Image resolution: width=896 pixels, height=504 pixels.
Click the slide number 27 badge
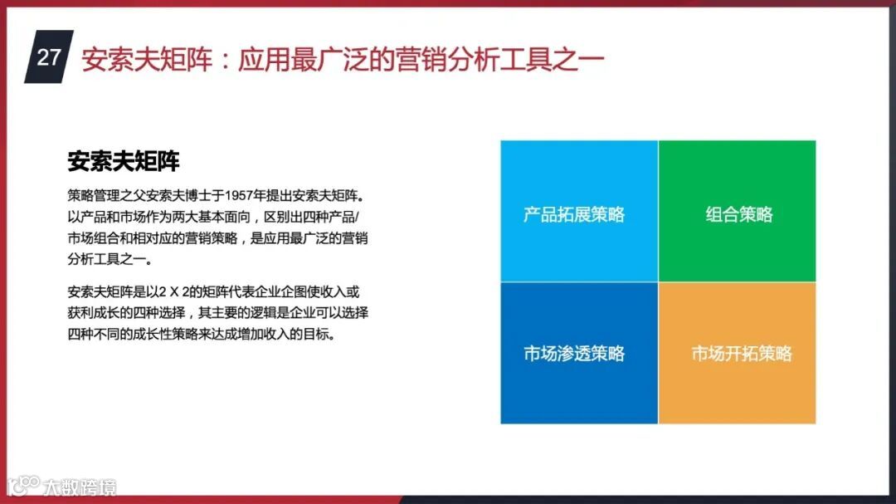[x=49, y=56]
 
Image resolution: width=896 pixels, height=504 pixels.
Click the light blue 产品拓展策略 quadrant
[x=579, y=211]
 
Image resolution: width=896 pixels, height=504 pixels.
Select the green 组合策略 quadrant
[x=738, y=211]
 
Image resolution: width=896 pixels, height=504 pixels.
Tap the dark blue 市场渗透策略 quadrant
[x=579, y=353]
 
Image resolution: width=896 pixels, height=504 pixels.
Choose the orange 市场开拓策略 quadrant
[x=738, y=353]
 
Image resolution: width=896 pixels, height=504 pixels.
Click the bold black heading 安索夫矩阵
[x=124, y=161]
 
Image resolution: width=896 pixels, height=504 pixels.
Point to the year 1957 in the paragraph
[x=238, y=196]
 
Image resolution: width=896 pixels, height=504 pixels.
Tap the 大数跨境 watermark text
[x=80, y=487]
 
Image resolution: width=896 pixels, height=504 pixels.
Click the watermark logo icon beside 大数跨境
[x=24, y=486]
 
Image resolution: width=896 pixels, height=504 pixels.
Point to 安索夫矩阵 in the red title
[x=147, y=60]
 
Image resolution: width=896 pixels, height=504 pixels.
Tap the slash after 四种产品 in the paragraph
[x=357, y=218]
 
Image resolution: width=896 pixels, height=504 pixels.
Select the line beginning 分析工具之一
[x=110, y=259]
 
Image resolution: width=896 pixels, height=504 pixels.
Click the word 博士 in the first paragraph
[x=197, y=196]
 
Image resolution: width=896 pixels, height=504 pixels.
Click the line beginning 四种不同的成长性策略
[x=202, y=334]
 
